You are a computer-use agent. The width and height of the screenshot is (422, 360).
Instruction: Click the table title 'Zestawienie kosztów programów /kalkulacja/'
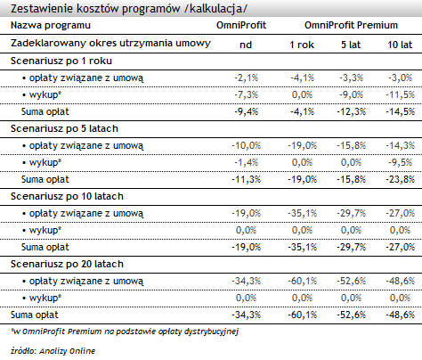[x=129, y=9]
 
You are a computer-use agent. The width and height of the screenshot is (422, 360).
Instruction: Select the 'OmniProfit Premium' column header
[x=351, y=25]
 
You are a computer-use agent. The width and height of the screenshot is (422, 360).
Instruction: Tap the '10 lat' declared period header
[x=400, y=45]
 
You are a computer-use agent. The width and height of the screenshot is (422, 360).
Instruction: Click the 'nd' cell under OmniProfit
[x=246, y=45]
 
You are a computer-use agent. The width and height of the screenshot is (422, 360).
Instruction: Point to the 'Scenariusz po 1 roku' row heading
[x=61, y=61]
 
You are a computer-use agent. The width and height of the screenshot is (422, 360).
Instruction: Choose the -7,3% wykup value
[x=246, y=94]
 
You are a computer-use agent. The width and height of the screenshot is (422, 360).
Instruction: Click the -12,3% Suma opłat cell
[x=351, y=111]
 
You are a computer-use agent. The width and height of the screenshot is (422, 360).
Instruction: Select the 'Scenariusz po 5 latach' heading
[x=64, y=128]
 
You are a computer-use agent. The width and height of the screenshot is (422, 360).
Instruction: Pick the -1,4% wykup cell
[x=246, y=162]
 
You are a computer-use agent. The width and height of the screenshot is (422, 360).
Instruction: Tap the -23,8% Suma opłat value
[x=400, y=179]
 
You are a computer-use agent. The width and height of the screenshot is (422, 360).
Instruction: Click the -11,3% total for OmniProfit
[x=246, y=179]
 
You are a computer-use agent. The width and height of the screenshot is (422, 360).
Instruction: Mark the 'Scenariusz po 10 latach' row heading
[x=67, y=196]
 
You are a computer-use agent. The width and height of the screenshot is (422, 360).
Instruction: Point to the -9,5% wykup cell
[x=400, y=162]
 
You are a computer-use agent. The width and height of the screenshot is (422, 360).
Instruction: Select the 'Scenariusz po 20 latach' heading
[x=67, y=264]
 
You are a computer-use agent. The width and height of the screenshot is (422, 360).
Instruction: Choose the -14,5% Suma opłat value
[x=400, y=111]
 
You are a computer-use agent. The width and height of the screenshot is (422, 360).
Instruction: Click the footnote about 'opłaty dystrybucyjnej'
[x=125, y=331]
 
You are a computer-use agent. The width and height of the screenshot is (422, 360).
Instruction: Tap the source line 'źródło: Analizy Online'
[x=53, y=351]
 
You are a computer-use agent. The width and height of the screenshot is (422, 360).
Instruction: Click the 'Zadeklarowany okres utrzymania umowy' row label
[x=110, y=44]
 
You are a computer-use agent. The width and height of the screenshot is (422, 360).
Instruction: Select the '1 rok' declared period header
[x=302, y=45]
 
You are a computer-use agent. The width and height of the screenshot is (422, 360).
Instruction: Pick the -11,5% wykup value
[x=400, y=94]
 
